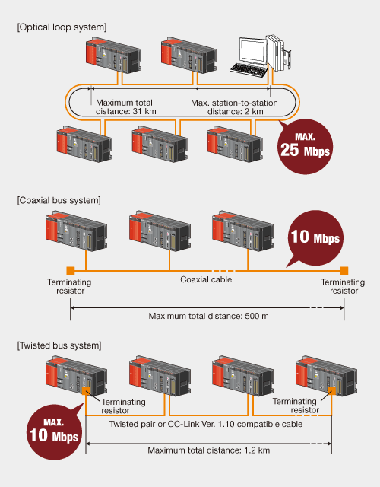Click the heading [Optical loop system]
pos(62,27)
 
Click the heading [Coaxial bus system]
pos(59,200)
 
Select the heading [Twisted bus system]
pos(58,345)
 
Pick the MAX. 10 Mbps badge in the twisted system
pos(53,428)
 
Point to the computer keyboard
pos(250,69)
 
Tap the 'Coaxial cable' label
pos(205,279)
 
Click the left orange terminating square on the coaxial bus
pos(70,270)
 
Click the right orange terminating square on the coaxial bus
pos(344,270)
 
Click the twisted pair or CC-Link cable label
pos(206,424)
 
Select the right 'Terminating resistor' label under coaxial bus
pos(343,287)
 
